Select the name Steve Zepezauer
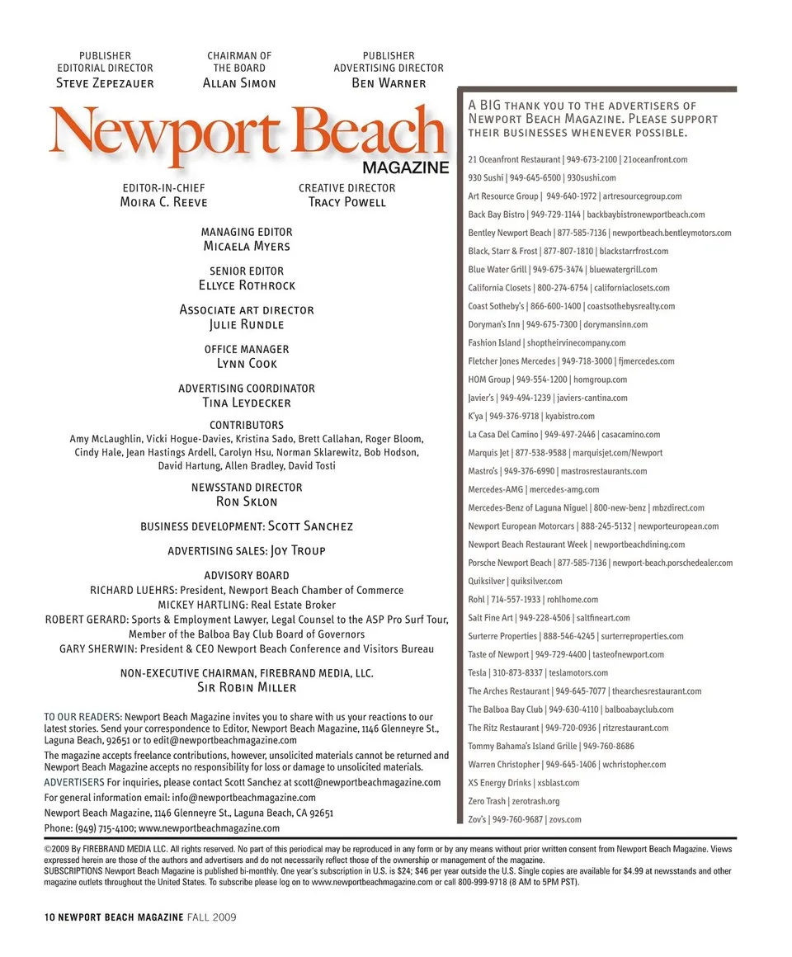105,83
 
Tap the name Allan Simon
239,83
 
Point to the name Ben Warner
389,83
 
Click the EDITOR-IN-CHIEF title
163,188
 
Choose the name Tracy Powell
346,202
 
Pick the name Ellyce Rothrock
247,285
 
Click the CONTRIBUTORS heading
247,426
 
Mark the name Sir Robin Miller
247,687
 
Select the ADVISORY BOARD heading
247,575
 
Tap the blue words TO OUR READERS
82,718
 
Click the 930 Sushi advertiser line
542,178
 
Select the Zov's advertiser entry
525,820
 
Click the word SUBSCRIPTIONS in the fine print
73,871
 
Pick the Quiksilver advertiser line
515,582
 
